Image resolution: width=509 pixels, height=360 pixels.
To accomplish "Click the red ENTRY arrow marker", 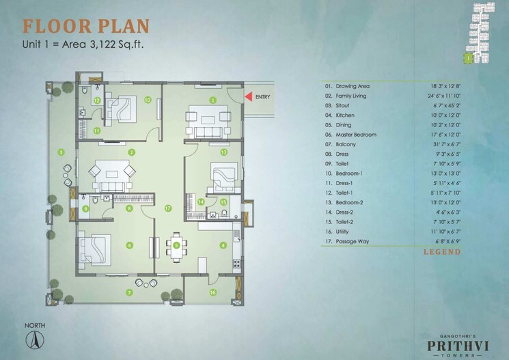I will point(249,97).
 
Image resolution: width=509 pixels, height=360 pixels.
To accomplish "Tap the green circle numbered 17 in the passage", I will point(167,208).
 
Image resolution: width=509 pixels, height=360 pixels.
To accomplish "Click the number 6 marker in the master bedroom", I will point(130,245).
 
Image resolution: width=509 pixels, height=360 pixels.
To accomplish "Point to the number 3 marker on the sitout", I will point(61,152).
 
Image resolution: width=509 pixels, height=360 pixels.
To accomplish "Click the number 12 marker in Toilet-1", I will point(98,100).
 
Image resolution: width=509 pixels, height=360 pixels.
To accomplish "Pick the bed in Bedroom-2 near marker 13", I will point(223,177).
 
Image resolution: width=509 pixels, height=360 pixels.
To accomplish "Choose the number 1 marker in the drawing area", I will point(213,100).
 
